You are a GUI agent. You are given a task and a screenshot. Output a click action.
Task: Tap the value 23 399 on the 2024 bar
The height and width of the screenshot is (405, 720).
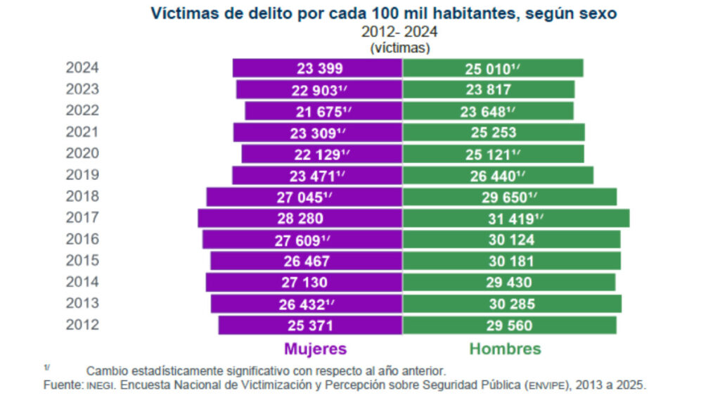[320, 68]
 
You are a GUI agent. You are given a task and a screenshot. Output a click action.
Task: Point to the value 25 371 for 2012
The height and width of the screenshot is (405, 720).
[310, 326]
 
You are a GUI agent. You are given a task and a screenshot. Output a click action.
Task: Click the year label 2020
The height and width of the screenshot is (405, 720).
[82, 153]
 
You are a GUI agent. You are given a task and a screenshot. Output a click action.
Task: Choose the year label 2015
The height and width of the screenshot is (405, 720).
[82, 261]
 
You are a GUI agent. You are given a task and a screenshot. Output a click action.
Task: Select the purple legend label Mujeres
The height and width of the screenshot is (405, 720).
[315, 349]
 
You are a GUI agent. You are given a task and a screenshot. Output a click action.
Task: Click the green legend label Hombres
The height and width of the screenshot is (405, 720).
[505, 349]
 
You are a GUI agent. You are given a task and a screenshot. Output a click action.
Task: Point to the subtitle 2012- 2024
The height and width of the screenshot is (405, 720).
[399, 32]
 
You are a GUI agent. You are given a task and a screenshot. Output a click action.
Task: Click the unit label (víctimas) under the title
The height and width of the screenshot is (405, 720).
[399, 48]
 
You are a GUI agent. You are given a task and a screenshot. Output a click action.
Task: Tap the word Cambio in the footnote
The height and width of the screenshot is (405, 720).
[106, 371]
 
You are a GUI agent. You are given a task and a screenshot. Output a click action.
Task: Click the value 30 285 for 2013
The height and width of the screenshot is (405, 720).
[512, 304]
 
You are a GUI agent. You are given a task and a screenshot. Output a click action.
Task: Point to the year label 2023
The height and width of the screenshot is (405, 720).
[82, 89]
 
